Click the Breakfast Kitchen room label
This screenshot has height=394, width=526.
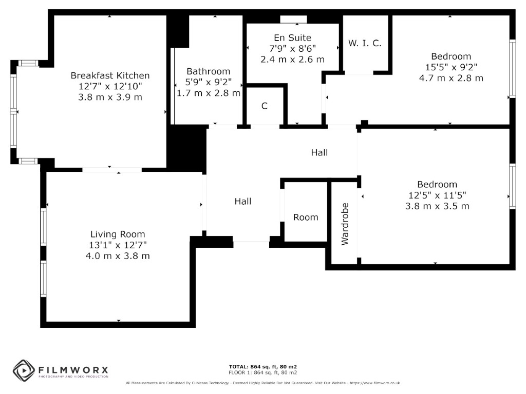point(110,76)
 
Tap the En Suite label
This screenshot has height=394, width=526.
point(292,38)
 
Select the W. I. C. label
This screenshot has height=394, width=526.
point(365,43)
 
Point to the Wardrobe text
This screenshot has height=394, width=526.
point(345,224)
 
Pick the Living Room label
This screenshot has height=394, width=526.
point(118,234)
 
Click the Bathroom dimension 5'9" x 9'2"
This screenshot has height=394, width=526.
point(209,82)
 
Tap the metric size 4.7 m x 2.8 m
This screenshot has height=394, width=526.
point(451,78)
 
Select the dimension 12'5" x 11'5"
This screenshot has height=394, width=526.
point(438,195)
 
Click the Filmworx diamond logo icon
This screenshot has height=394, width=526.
point(24,370)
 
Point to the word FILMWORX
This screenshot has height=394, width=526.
point(73,370)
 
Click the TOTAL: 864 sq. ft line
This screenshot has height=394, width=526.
point(263,367)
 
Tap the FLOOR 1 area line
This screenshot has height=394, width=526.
point(263,372)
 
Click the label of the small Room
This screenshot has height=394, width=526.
point(306,218)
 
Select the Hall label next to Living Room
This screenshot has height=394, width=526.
point(243,201)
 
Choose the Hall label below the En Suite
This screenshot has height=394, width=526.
point(320,153)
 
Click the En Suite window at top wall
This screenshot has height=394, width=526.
point(293,19)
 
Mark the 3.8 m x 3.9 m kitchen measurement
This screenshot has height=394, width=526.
point(110,97)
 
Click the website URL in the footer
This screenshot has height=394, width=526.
point(375,383)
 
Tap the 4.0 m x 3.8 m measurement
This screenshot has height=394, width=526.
point(118,257)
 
